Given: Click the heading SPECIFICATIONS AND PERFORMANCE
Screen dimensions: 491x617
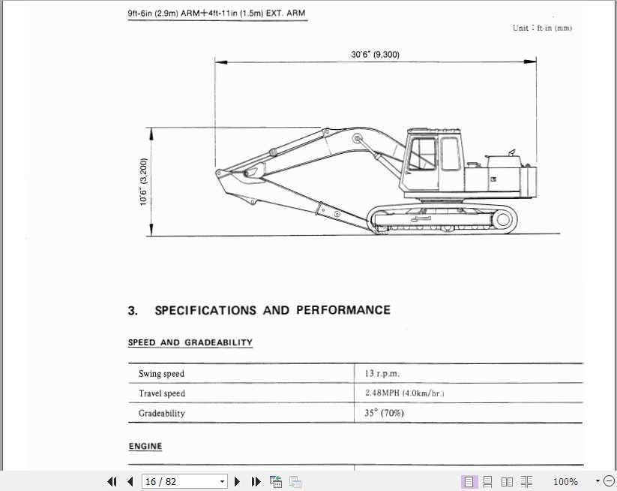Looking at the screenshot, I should [x=271, y=310].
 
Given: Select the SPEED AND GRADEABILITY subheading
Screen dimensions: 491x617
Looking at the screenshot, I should [x=190, y=342].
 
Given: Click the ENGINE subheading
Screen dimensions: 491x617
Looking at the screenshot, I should [x=145, y=446].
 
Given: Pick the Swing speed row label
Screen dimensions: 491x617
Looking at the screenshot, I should [x=161, y=374].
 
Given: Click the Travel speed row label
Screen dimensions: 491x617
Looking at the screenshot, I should [x=161, y=393].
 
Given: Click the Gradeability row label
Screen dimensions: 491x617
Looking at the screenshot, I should [x=161, y=413].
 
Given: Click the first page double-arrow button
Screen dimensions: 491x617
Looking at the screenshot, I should [x=112, y=481].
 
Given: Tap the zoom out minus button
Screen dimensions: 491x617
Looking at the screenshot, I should [x=609, y=481].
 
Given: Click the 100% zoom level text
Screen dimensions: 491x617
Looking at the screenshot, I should [x=565, y=481].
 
